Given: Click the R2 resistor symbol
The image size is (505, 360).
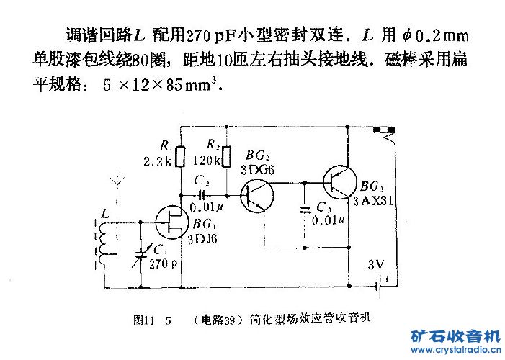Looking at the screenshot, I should point(226,154).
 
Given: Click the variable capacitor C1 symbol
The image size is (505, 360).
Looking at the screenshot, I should point(142,252).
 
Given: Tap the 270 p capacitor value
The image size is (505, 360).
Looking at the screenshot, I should point(164,264).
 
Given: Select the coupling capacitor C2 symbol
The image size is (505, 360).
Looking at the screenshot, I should point(202,194).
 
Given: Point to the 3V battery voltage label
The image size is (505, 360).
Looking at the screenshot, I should point(375,264).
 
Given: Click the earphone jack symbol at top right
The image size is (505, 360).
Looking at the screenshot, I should point(384,133).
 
